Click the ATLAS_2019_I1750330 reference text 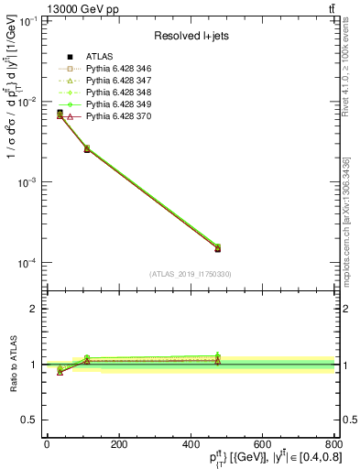click(x=191, y=274)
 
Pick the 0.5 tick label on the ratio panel click(x=30, y=420)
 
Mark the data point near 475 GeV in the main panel click(x=217, y=247)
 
